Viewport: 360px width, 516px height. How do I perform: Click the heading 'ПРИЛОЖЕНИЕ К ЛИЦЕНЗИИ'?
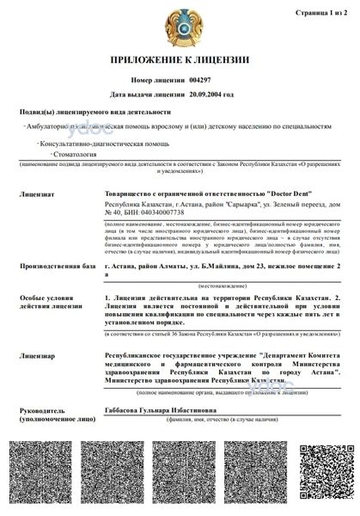[x=180, y=60]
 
